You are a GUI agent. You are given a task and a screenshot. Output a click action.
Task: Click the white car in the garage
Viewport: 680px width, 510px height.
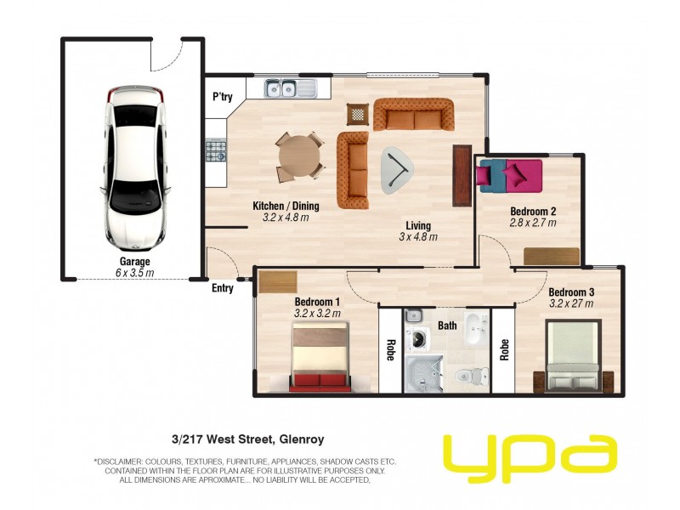click(135, 167)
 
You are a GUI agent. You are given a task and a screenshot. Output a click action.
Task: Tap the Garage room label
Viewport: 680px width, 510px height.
click(135, 262)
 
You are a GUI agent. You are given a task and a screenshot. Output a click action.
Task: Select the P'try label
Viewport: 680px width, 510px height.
click(223, 96)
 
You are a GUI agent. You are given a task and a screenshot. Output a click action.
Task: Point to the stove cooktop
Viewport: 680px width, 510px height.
click(216, 150)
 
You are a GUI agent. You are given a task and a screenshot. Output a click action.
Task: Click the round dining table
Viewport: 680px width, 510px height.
click(300, 156)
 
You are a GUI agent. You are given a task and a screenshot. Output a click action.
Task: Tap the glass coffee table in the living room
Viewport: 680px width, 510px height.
click(397, 169)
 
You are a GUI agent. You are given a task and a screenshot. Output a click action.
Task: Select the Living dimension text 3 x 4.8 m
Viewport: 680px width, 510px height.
click(418, 237)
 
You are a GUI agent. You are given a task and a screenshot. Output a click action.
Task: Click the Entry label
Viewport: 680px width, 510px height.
click(223, 288)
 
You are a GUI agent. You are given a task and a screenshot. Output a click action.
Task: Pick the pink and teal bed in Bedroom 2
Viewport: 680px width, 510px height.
click(510, 176)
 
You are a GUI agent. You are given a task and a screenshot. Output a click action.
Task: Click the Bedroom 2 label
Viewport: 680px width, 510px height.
click(533, 212)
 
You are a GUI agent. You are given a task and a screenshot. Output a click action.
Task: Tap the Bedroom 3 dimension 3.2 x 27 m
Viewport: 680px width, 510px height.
click(571, 303)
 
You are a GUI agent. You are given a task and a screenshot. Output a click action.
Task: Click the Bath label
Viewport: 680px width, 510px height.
click(447, 326)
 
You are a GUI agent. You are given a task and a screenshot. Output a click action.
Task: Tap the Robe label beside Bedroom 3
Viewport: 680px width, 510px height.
click(504, 349)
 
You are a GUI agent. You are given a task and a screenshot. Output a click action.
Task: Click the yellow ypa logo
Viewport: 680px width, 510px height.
click(530, 459)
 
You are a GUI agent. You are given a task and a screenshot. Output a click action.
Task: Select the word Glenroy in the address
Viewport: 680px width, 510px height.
click(302, 439)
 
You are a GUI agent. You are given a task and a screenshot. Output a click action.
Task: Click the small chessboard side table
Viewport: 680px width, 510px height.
click(358, 115)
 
